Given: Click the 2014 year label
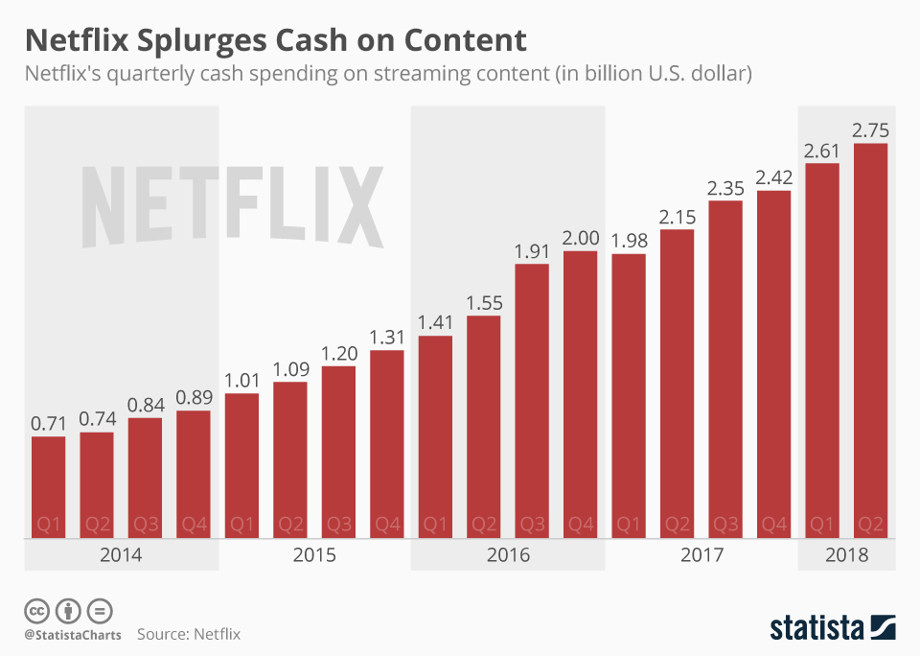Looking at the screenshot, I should coord(121,555).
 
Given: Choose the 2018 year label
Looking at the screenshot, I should coord(846,555).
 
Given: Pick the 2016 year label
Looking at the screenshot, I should coord(508,555).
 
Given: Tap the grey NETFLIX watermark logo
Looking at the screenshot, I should coord(233,207).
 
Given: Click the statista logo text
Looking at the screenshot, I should coord(816,628).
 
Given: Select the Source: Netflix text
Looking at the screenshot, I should coord(189,634).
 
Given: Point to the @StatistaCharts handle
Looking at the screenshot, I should coord(72,634).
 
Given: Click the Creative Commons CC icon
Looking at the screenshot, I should coord(37,610).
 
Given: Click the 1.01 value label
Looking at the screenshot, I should coord(242,378).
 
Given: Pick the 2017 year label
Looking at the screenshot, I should coord(701,555).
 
